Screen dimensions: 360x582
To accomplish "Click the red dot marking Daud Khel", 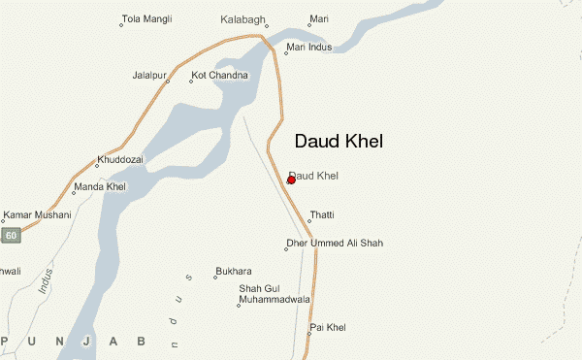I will pos(291,180).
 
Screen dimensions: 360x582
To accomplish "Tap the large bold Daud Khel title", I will pos(338,142).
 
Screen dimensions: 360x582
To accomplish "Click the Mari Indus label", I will pos(308,47).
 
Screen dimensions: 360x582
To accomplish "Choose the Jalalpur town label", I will pos(151,75).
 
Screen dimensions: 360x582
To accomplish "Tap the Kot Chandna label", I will pos(221,75).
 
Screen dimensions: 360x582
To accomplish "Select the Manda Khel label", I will pos(102,186).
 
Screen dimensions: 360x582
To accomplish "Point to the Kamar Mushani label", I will pos(38,214).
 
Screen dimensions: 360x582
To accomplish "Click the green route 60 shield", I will pos(11,236).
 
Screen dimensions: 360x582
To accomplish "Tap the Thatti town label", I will pos(321,214).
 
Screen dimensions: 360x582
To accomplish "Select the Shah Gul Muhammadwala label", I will pos(274,295).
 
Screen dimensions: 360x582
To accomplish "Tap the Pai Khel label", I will pos(328,328).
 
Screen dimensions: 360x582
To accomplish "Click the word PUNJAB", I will pos(73,341).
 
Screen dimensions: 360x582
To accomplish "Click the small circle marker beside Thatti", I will pos(308,221).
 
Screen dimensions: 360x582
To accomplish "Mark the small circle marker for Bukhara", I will pos(215,277).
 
